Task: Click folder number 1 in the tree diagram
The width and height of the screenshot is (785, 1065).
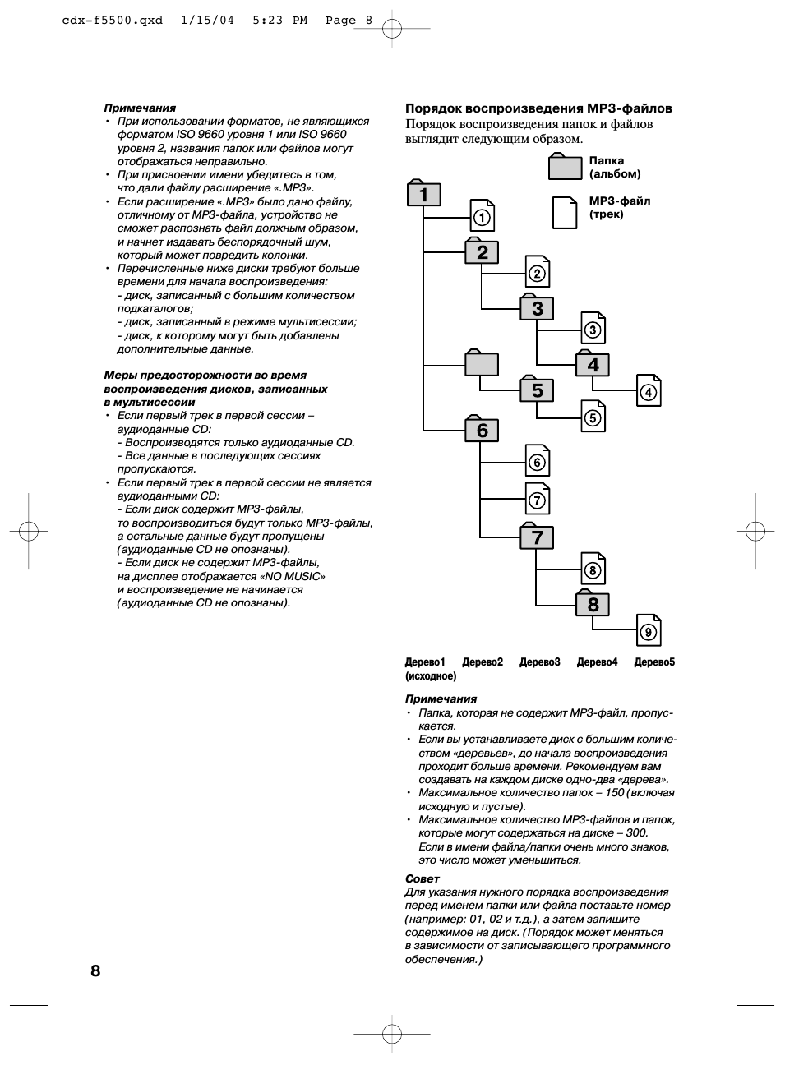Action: click(423, 194)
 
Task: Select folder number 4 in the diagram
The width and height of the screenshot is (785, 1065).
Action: click(593, 364)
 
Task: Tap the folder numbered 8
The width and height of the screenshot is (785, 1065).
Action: click(593, 604)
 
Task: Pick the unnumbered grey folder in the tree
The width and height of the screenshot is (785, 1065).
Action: click(482, 363)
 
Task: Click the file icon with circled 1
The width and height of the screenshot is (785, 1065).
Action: click(482, 217)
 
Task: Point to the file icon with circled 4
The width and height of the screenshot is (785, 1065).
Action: click(649, 392)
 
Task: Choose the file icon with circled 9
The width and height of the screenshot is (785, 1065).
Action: click(649, 631)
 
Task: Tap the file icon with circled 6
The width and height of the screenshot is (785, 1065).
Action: click(538, 462)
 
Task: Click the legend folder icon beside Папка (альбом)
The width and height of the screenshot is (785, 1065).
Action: click(565, 167)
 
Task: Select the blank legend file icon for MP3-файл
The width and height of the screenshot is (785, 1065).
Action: click(565, 213)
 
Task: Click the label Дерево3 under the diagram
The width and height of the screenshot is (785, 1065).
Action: click(539, 662)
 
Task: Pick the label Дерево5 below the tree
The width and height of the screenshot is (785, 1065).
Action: click(654, 662)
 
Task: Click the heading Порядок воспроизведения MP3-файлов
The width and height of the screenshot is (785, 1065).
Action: click(538, 108)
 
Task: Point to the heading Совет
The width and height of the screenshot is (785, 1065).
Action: click(423, 878)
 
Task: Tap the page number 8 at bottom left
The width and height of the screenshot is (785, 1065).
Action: click(95, 970)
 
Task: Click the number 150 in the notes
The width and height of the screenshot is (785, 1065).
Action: click(614, 793)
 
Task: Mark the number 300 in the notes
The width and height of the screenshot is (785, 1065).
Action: click(636, 833)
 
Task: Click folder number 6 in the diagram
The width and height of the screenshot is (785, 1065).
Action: click(482, 430)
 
